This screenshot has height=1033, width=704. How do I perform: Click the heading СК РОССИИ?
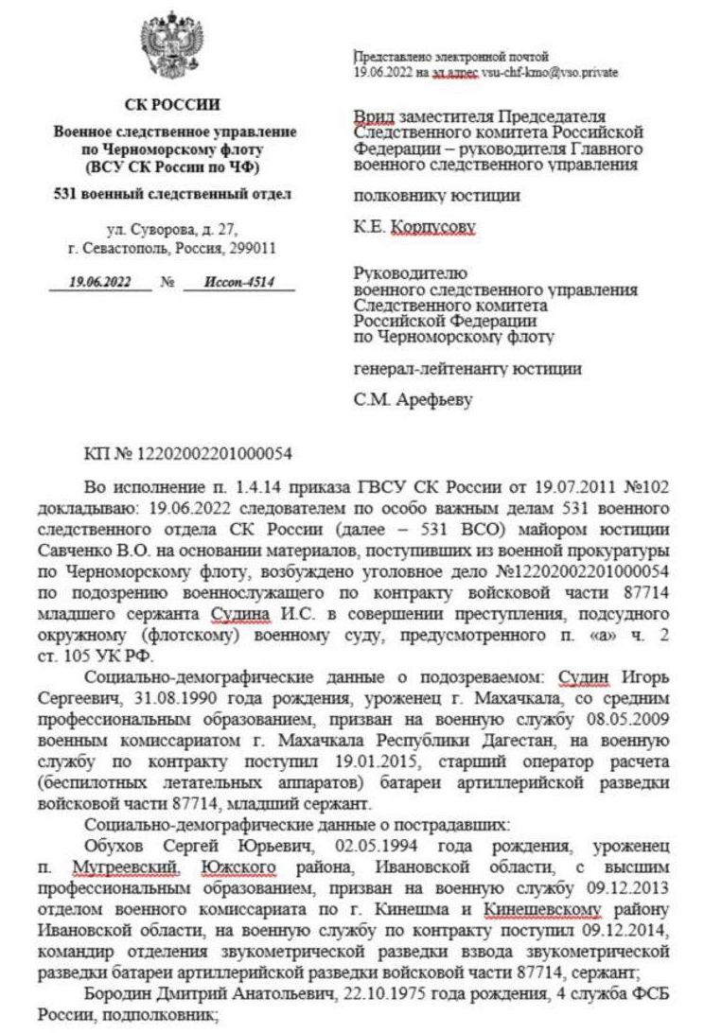click(172, 104)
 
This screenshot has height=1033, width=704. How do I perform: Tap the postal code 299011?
click(254, 248)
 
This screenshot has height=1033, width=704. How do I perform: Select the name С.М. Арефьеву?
click(414, 399)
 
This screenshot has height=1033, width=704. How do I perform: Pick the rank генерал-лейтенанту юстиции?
click(467, 368)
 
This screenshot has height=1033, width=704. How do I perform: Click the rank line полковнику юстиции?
click(436, 197)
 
